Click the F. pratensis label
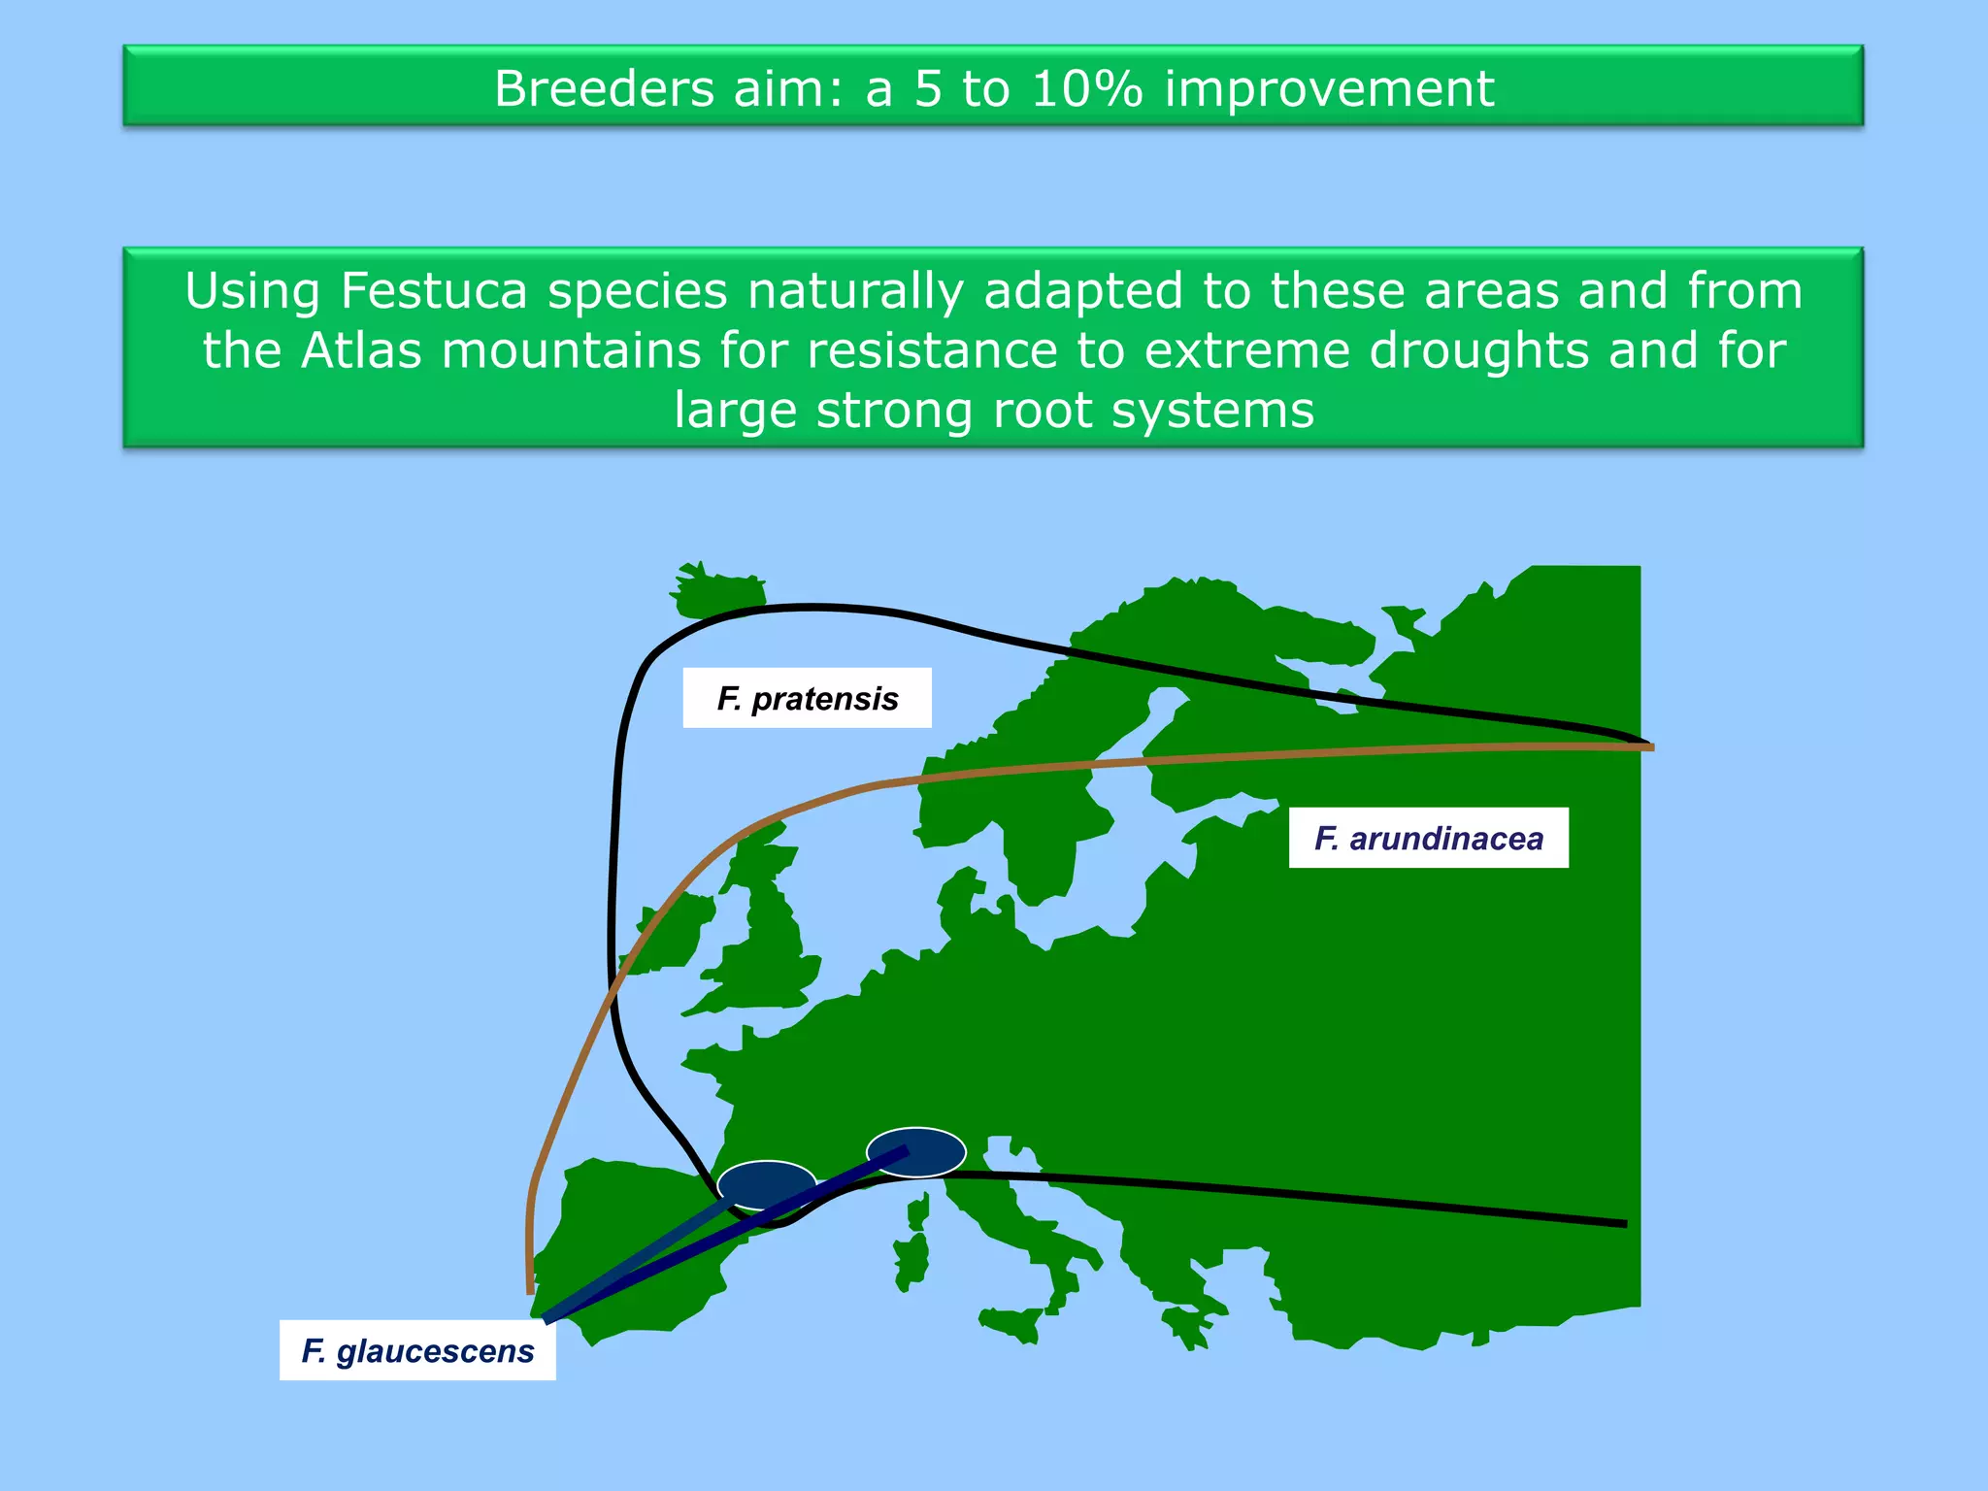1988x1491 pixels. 807,698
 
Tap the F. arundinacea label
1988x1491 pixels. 1428,838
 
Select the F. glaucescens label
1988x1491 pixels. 417,1350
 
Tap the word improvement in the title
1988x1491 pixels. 1329,88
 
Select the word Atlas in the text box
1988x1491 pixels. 361,350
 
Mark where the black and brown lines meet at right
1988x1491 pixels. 1645,745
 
